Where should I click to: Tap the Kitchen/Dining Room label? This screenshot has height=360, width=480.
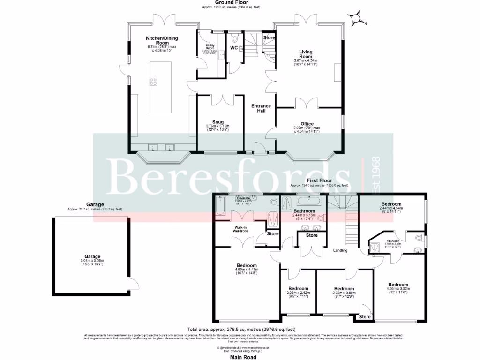click(162, 40)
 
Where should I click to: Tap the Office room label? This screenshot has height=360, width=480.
click(307, 124)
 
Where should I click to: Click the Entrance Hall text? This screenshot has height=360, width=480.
click(261, 109)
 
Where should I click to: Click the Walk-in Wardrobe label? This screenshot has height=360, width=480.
click(244, 229)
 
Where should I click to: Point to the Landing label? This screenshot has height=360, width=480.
click(340, 250)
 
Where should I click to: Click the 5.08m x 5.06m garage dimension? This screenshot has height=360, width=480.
click(93, 261)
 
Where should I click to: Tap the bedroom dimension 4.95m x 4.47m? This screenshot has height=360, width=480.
click(246, 270)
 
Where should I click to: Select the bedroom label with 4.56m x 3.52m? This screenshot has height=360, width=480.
click(397, 285)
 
